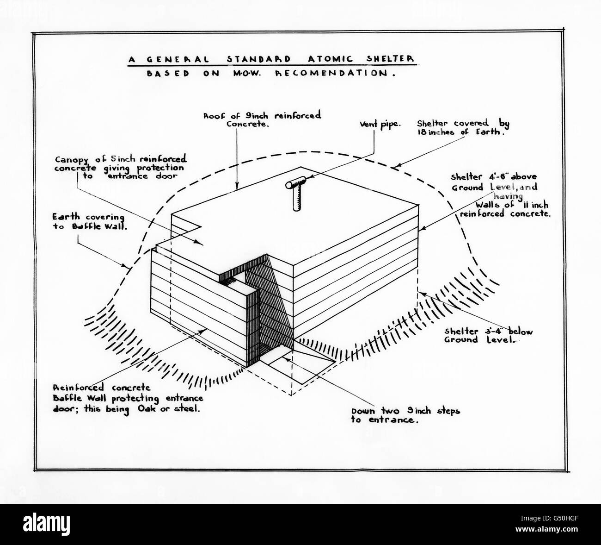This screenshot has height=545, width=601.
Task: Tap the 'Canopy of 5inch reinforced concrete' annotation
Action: pos(119,167)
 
